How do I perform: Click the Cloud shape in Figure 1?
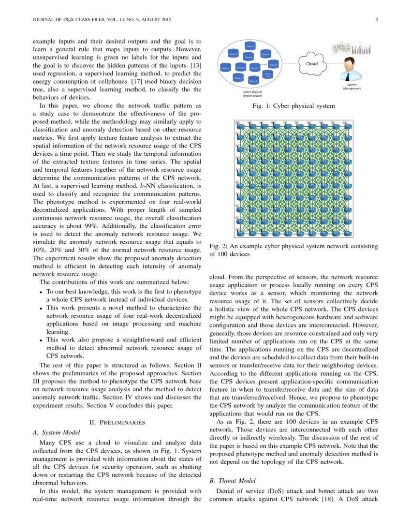pos(312,63)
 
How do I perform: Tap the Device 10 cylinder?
pos(268,74)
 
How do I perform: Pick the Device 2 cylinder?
pos(233,54)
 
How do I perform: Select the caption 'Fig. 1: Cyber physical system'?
pos(293,105)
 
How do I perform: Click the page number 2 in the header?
pos(376,20)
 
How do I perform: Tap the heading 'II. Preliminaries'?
pos(117,422)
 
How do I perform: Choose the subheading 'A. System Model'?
pos(56,432)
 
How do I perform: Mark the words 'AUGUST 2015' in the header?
pos(156,20)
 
